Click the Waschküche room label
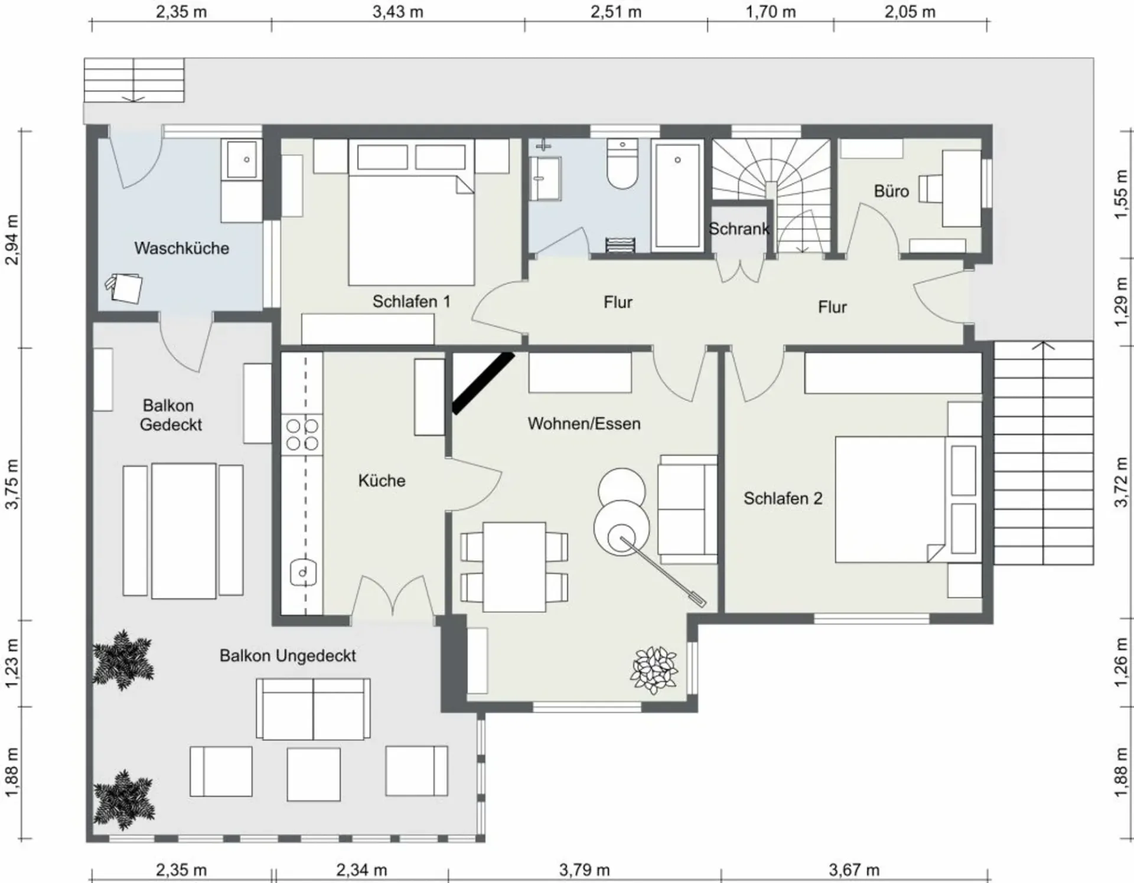181,248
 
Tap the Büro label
891,191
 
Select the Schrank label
739,229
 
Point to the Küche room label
382,481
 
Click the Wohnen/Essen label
584,424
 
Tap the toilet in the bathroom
623,164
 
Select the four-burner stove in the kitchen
302,434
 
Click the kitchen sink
303,572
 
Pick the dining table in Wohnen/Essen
514,567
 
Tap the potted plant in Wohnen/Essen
653,670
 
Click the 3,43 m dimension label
397,12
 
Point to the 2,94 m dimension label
11,240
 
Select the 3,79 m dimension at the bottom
584,870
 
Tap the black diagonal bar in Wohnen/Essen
483,383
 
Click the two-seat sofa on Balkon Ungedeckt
313,709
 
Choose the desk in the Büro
961,189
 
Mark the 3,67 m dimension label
854,870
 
